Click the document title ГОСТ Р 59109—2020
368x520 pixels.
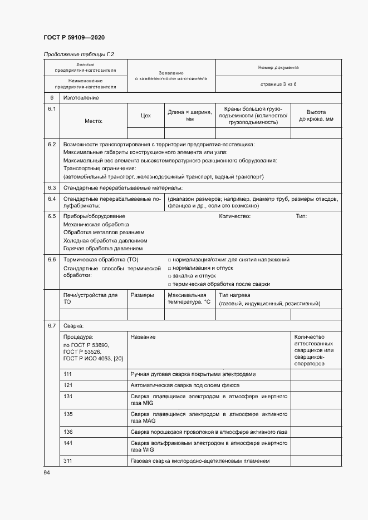click(73, 38)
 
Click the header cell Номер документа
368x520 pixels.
click(278, 67)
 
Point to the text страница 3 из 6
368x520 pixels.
click(278, 83)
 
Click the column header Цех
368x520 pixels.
click(146, 116)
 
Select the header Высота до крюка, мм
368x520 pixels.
click(316, 116)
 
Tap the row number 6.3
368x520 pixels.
click(52, 188)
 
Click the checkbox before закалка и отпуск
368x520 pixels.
click(169, 276)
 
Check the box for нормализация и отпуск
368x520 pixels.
click(169, 268)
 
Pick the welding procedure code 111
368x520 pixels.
click(68, 374)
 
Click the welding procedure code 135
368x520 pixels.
click(68, 414)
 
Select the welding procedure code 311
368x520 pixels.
click(68, 460)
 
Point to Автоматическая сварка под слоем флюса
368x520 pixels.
click(185, 385)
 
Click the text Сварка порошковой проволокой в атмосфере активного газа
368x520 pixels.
click(209, 432)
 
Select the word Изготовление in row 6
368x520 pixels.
click(81, 98)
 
